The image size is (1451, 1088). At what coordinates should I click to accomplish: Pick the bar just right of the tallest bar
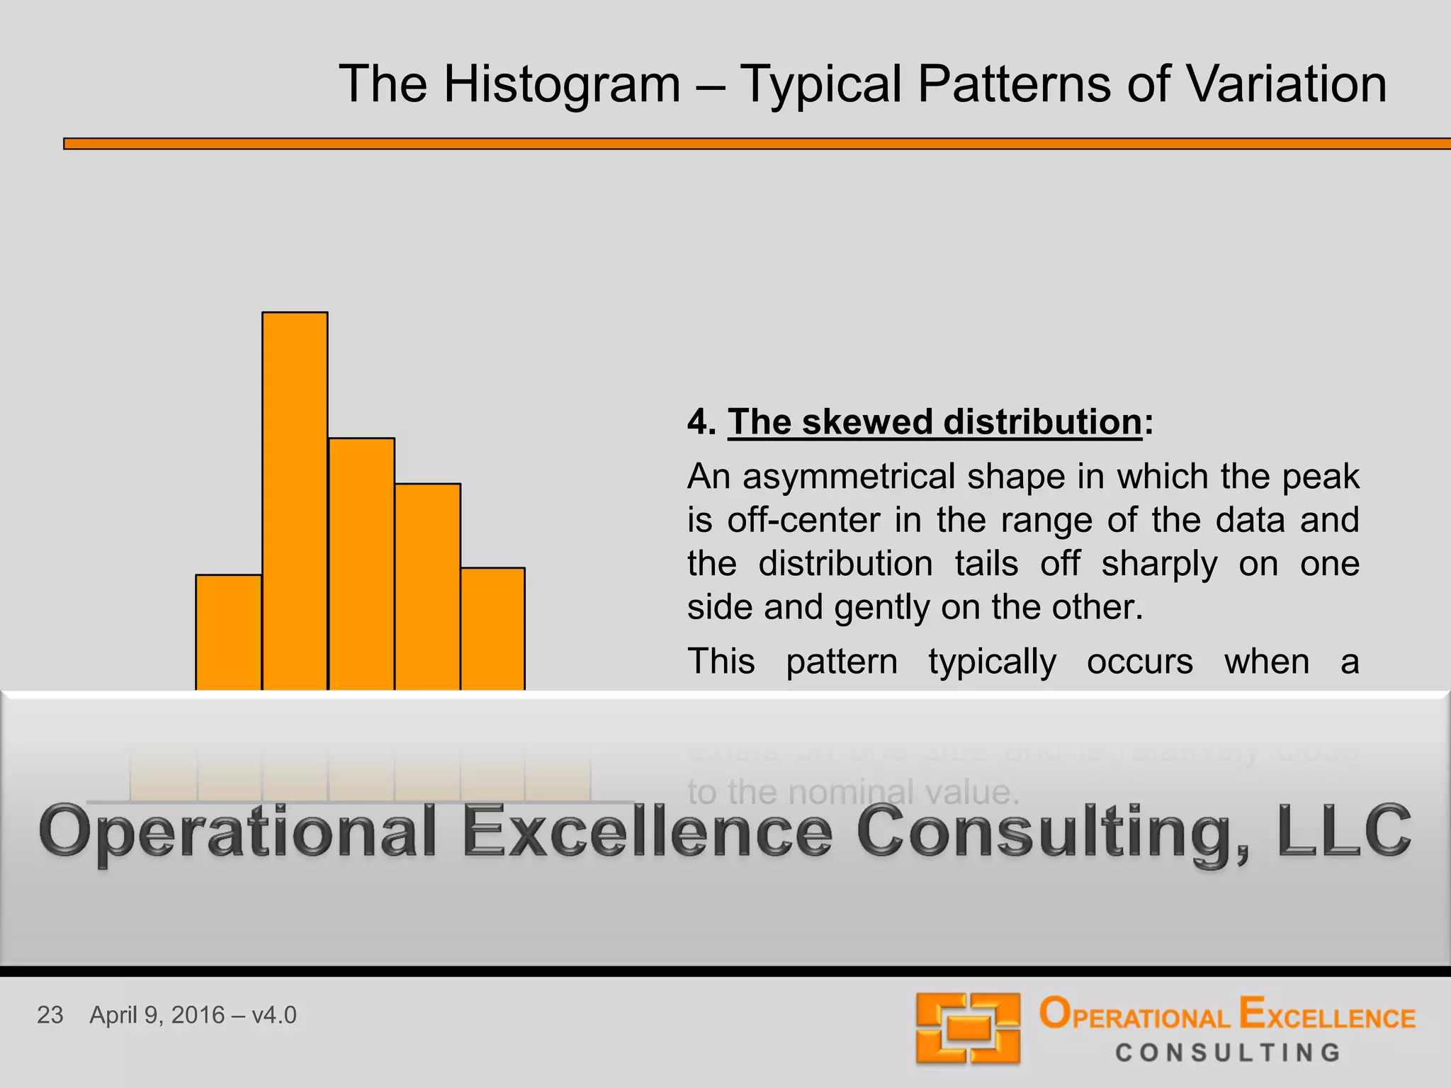361,563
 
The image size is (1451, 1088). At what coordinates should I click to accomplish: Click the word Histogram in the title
562,84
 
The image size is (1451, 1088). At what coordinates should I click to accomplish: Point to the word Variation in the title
1286,84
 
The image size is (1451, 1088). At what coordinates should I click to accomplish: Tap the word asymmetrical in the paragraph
850,477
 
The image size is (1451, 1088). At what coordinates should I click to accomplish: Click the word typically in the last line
992,662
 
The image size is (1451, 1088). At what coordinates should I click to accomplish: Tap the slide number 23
50,1015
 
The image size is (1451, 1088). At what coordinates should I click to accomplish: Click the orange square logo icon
967,1028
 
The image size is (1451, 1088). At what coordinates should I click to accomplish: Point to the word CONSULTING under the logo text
1228,1053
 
